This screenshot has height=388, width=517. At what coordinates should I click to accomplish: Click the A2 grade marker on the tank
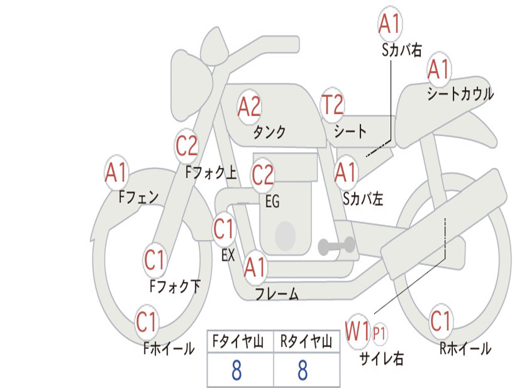point(249,107)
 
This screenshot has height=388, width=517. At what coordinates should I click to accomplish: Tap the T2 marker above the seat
point(332,105)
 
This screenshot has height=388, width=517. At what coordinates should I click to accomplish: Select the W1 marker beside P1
point(357,331)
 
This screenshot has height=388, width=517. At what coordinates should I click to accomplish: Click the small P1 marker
point(379,333)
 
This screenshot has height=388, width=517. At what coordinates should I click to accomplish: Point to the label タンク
point(270,132)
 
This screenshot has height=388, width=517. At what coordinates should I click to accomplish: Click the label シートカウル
point(460,93)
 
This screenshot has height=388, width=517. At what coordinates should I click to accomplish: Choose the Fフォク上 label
point(211,172)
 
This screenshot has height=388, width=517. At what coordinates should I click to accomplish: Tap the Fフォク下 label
point(175,286)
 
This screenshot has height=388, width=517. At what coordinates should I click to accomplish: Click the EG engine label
point(272,201)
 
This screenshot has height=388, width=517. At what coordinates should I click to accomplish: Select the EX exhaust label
point(228,255)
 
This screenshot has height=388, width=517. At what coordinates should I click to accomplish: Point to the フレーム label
point(277,294)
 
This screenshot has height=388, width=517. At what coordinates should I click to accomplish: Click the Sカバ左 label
point(363,199)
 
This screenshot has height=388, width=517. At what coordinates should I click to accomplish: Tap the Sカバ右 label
point(401,50)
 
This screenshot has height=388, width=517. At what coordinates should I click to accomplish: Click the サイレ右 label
point(381,358)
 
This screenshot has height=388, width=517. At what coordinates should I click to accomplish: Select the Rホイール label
point(465,348)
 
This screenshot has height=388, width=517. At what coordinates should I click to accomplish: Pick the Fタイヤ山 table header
point(238,342)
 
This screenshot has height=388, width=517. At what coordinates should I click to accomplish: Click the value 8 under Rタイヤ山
point(303,370)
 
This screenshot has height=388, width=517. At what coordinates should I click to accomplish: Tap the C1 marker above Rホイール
point(440,321)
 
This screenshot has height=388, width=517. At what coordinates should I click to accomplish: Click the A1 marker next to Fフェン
point(116,172)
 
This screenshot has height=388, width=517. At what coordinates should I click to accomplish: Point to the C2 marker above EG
point(263,175)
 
